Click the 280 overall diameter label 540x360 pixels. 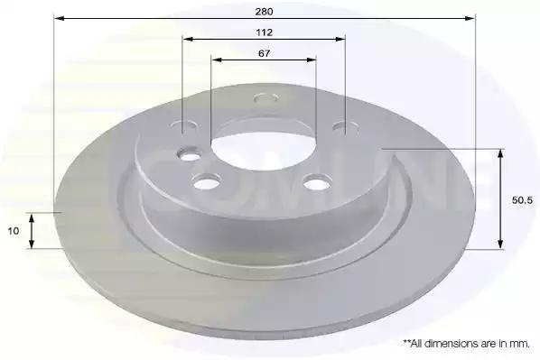click(265, 12)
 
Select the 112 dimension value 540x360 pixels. click(265, 32)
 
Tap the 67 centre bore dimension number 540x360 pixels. click(265, 54)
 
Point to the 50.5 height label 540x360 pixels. click(522, 200)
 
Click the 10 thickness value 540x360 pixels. click(14, 231)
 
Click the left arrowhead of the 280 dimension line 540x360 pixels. click(60, 18)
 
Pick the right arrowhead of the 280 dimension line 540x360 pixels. click(470, 18)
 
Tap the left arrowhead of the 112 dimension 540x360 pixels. click(188, 39)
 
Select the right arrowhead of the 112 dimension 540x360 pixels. click(340, 39)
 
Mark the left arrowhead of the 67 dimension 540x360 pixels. click(217, 60)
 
